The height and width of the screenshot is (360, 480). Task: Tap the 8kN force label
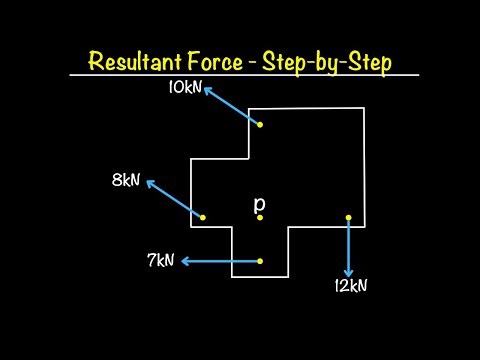(127, 180)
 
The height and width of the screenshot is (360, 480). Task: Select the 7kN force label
(160, 261)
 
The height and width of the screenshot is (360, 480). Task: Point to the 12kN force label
(351, 285)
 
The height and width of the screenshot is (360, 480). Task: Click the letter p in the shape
(259, 203)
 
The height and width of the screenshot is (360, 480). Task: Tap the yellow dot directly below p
(259, 217)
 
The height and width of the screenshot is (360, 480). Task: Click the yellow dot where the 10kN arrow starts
(260, 125)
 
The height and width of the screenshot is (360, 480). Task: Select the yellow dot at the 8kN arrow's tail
(203, 217)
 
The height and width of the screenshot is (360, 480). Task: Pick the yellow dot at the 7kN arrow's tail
(260, 261)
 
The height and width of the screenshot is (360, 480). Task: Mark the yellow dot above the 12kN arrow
(348, 217)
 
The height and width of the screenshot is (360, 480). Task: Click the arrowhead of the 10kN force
(207, 89)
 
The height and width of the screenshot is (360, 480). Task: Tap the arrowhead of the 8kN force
(149, 182)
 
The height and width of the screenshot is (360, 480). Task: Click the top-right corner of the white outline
(363, 106)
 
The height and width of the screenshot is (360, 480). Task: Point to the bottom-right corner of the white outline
(363, 227)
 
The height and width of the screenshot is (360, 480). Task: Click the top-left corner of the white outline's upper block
(249, 108)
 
